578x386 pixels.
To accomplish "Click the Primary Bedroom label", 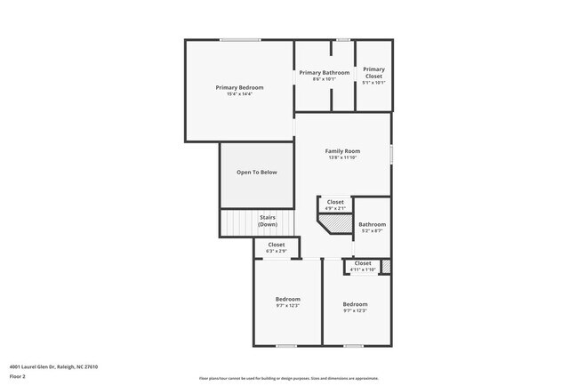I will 239,87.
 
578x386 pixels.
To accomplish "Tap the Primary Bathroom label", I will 324,72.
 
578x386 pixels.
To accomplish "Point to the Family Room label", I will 341,151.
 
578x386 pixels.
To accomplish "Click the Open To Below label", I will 256,172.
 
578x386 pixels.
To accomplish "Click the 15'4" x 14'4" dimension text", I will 239,94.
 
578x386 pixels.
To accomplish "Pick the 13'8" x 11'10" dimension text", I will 341,158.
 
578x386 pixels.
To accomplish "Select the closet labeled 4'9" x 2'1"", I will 335,202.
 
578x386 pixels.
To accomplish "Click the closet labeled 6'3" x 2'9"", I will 277,245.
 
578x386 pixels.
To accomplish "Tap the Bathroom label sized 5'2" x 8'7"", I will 372,225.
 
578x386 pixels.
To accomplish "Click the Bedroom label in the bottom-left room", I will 287,299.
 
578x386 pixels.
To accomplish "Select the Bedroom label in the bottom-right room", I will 355,304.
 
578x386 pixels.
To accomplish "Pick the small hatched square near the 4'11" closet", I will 386,265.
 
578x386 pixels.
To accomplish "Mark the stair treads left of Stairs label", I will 237,221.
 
